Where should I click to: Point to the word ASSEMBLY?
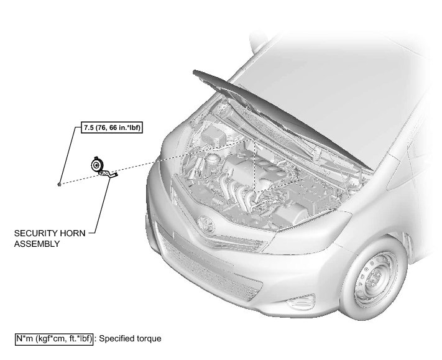(x=37, y=244)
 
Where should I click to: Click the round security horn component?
(x=96, y=166)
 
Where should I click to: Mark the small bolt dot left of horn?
(x=58, y=184)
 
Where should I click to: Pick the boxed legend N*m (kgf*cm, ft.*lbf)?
(x=54, y=339)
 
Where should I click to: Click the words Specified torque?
(x=131, y=339)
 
